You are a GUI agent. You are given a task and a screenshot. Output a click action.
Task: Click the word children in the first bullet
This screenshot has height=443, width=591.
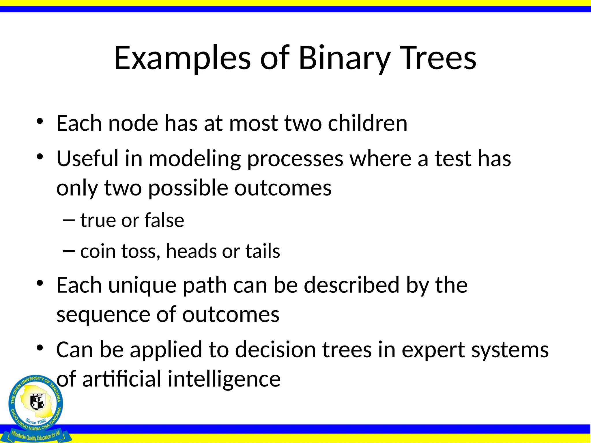368,123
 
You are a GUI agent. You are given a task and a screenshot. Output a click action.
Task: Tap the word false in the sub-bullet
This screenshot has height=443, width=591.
164,220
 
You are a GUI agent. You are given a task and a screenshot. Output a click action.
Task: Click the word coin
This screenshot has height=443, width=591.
98,251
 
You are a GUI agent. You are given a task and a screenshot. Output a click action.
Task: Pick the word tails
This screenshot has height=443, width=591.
263,251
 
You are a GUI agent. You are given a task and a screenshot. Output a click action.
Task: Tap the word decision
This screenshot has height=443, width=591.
275,350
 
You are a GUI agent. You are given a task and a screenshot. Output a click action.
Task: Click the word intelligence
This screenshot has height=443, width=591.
224,380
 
